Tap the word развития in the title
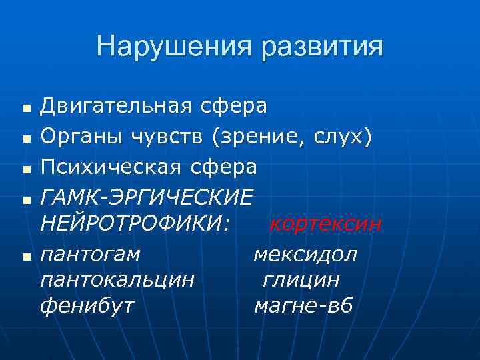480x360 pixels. point(322,47)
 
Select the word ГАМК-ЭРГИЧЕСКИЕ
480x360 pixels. point(147,197)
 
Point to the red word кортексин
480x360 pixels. point(325,225)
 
